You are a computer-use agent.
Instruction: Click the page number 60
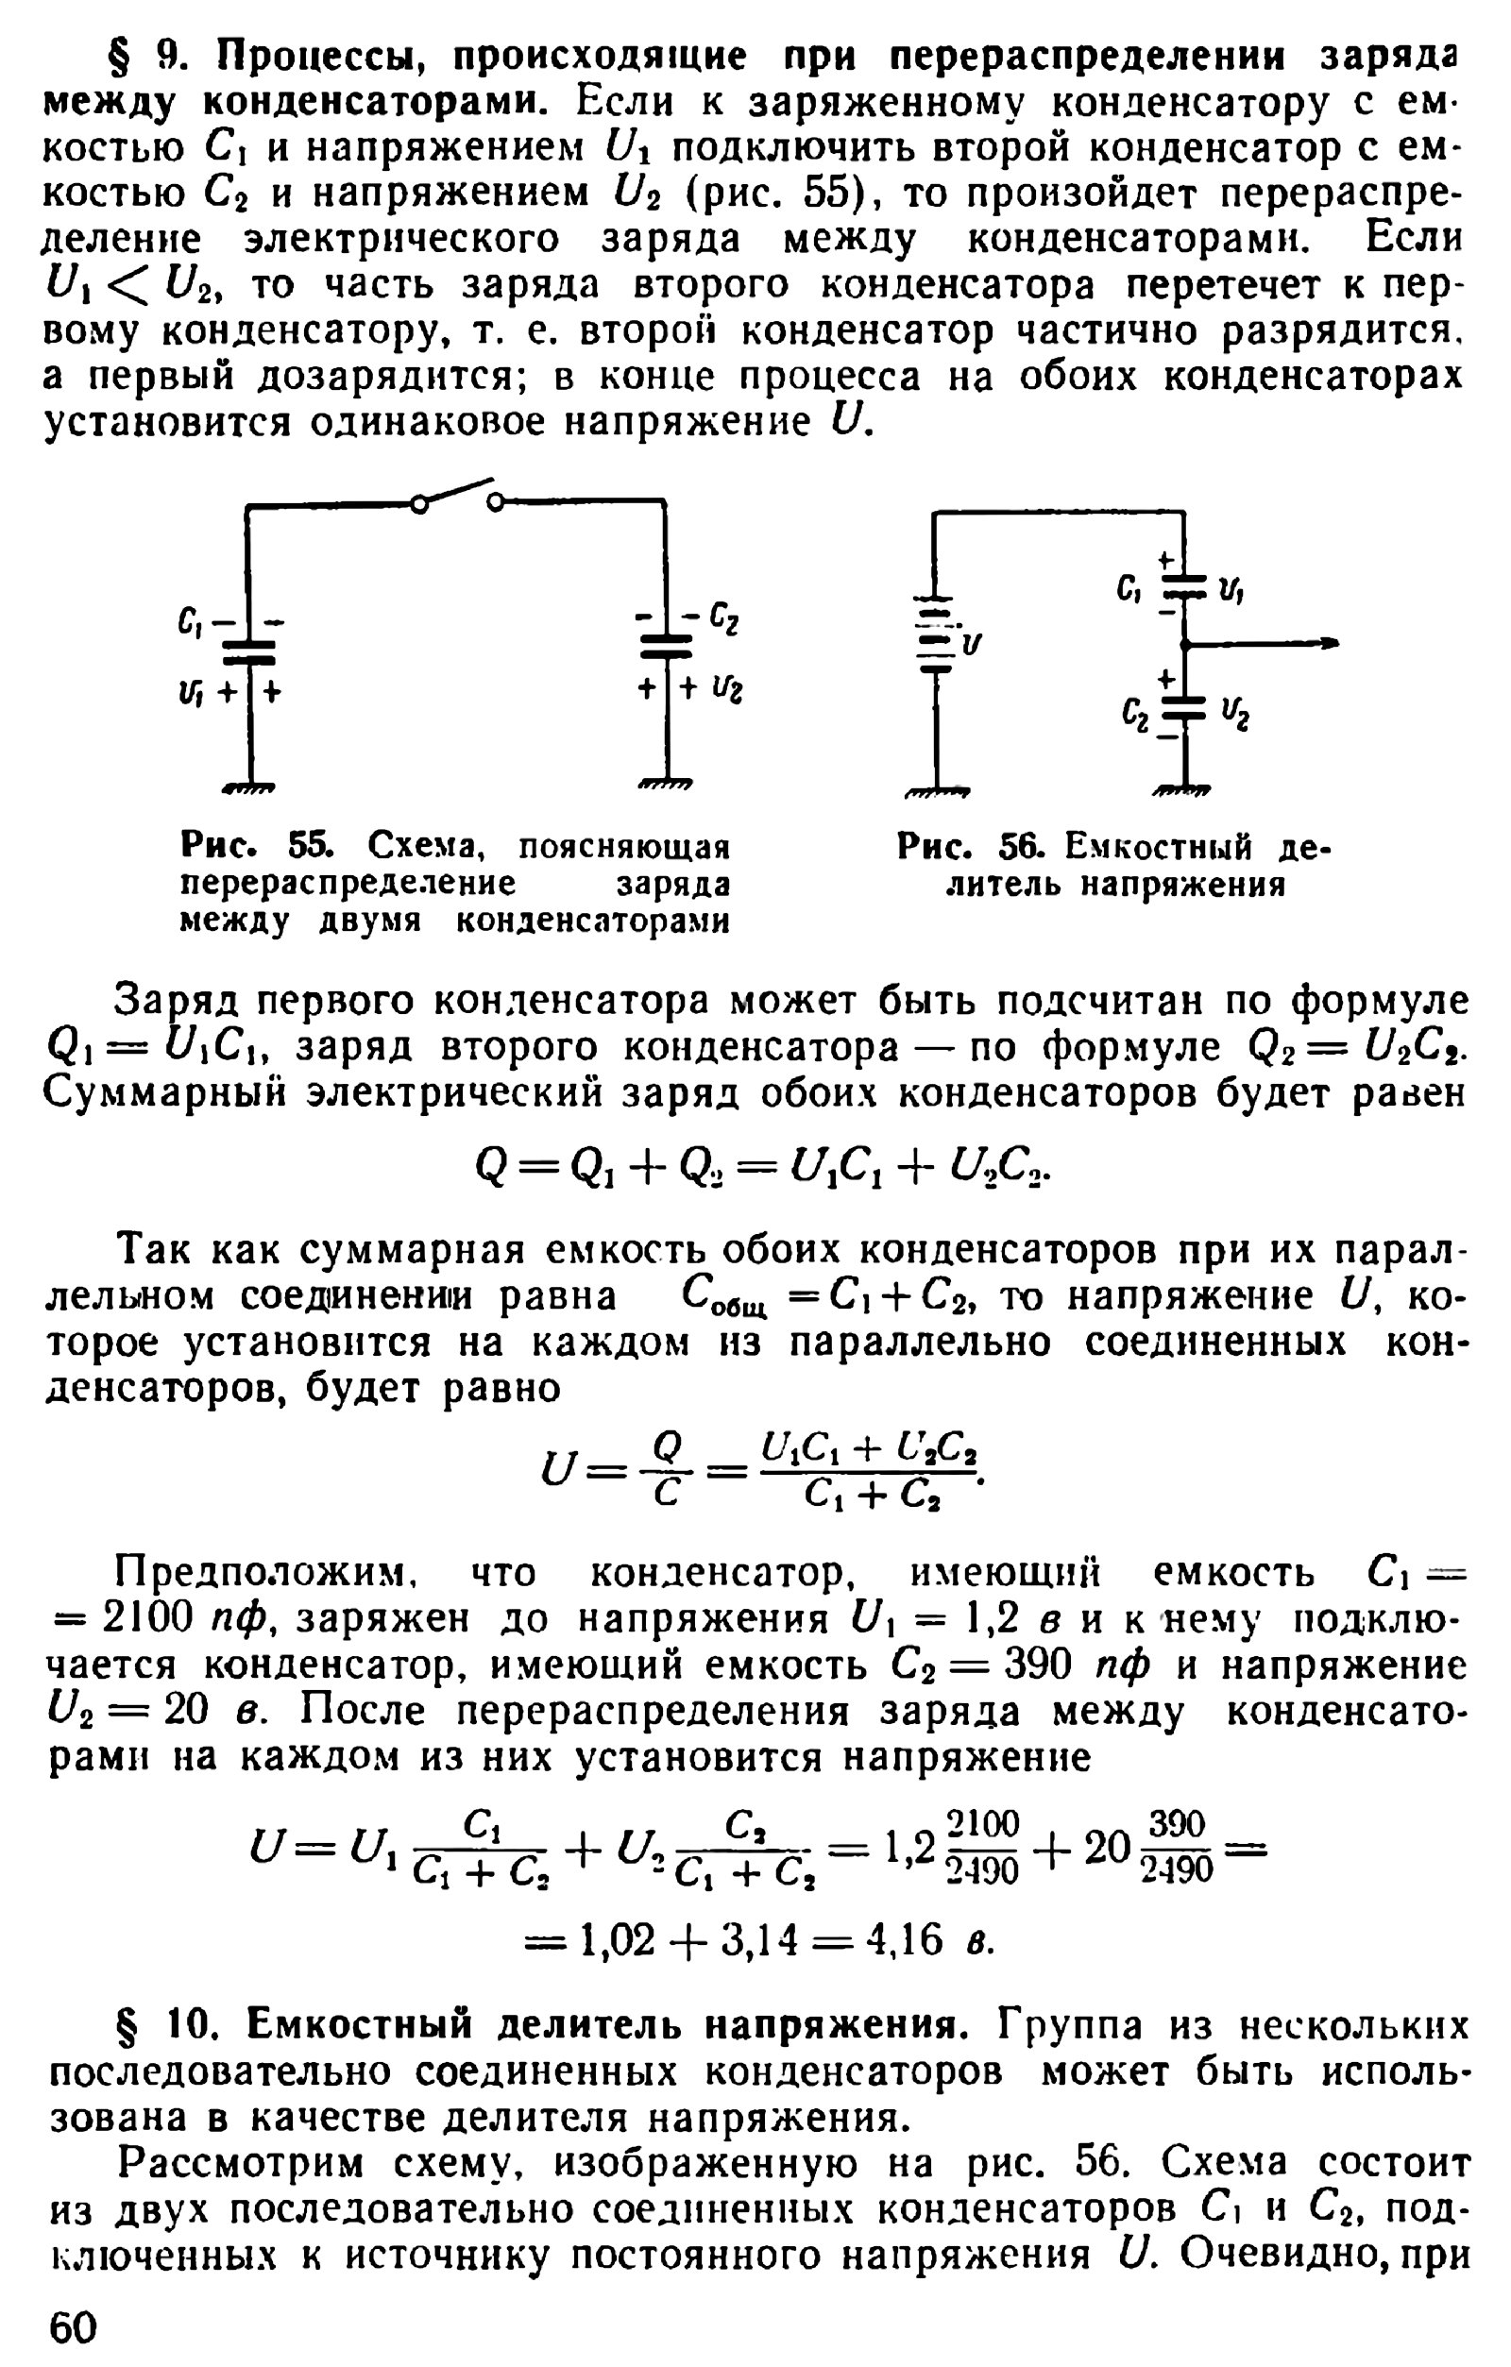point(74,2327)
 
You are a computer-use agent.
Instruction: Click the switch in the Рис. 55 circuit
point(456,494)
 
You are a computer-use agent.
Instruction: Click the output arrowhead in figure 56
point(1329,644)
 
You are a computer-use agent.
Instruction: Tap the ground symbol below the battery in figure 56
point(936,789)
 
